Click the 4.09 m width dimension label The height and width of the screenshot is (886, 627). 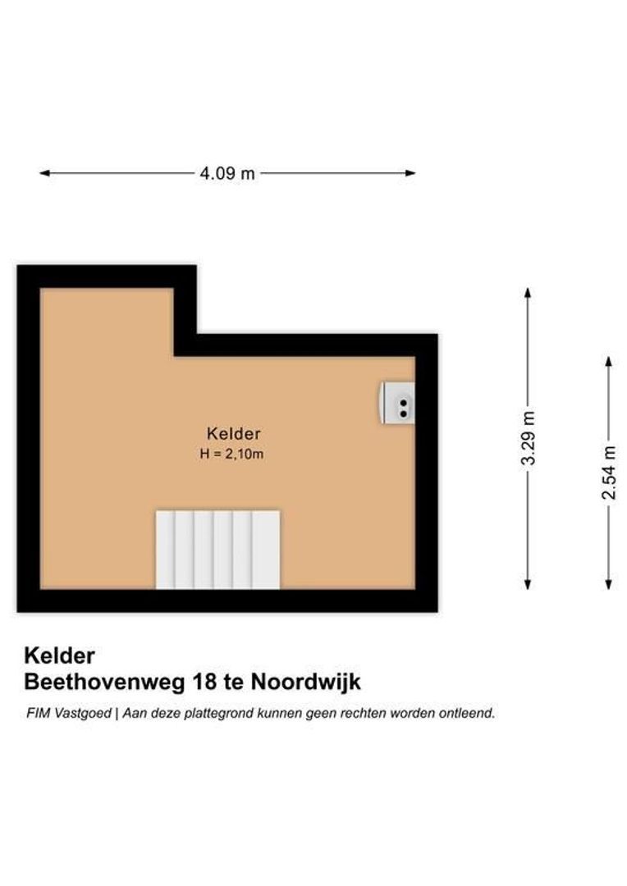click(x=227, y=173)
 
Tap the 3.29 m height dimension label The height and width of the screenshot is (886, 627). click(x=529, y=439)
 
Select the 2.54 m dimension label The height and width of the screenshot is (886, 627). click(x=608, y=473)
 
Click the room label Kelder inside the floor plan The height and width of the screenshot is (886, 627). click(x=234, y=434)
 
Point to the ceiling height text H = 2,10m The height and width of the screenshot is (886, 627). click(x=231, y=454)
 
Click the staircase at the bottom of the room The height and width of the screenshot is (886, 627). click(x=217, y=549)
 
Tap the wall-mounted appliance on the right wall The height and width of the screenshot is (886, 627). click(x=398, y=403)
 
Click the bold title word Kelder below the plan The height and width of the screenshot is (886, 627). click(x=59, y=655)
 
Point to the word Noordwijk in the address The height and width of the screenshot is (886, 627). click(x=306, y=682)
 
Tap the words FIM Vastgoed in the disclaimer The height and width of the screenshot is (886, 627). click(x=68, y=713)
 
